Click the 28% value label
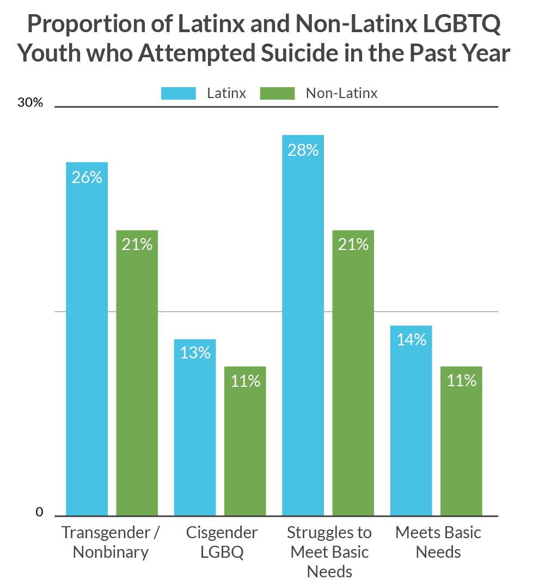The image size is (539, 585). pos(303,150)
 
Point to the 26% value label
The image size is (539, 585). pos(87,177)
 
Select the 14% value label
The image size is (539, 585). pos(411,340)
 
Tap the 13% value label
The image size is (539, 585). pos(195,353)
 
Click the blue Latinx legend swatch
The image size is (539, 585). pos(178,93)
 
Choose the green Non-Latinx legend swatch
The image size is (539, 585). pos(278,93)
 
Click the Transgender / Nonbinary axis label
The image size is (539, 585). pos(111,542)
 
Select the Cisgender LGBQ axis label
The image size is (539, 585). pos(222,542)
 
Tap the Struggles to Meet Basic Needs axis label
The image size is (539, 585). pos(329,552)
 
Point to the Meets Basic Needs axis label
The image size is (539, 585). pos(438,542)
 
